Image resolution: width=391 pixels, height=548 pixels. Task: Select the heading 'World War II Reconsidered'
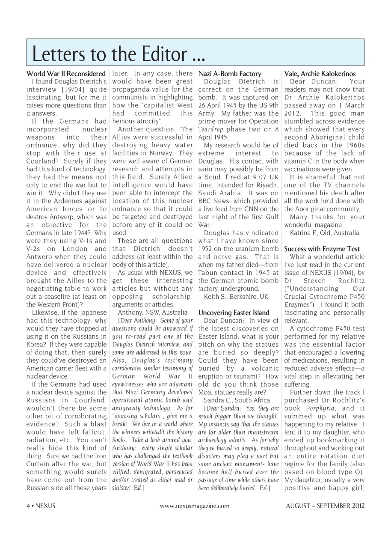(66, 74)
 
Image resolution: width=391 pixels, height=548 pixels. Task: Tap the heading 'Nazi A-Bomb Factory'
(230, 74)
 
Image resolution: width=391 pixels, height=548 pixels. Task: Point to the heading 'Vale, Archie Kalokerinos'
(320, 74)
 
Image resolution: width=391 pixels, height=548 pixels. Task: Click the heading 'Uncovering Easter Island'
(234, 313)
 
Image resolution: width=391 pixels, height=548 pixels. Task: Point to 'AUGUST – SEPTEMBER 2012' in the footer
(325, 506)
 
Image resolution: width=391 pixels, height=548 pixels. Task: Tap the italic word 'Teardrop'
(211, 129)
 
